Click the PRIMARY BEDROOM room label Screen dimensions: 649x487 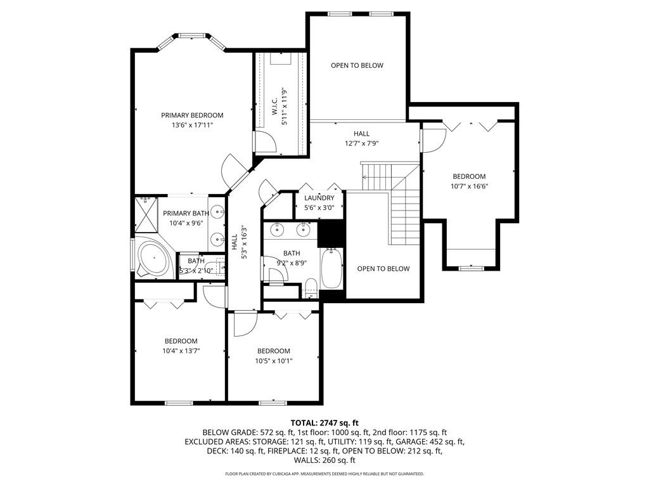point(192,115)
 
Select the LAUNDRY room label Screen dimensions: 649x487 point(319,198)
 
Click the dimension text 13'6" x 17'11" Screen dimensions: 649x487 point(192,125)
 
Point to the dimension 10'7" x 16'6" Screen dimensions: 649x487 point(470,186)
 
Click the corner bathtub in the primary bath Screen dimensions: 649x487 point(155,257)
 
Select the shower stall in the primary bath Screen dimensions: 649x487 point(146,215)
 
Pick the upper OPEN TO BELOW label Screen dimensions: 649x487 point(357,65)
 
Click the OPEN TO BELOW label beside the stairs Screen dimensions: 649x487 point(383,269)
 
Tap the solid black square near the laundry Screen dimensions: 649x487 point(331,233)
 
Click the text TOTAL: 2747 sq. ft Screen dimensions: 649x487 point(324,423)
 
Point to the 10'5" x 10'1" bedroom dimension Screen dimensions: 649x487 point(274,361)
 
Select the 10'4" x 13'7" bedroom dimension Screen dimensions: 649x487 point(181,351)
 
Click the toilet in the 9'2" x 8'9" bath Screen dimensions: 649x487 point(310,288)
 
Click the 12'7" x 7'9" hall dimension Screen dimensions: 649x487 point(362,144)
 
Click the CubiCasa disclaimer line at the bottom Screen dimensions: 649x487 point(324,474)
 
